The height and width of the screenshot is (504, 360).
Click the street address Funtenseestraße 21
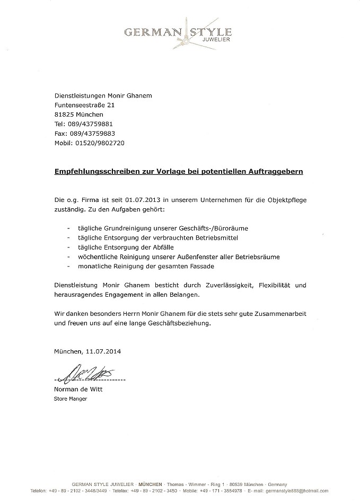(84, 105)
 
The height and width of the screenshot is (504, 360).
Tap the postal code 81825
(64, 114)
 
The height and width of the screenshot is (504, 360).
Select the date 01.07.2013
(144, 200)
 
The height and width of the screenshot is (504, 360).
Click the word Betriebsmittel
(212, 238)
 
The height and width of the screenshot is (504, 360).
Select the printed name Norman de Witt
(78, 390)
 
